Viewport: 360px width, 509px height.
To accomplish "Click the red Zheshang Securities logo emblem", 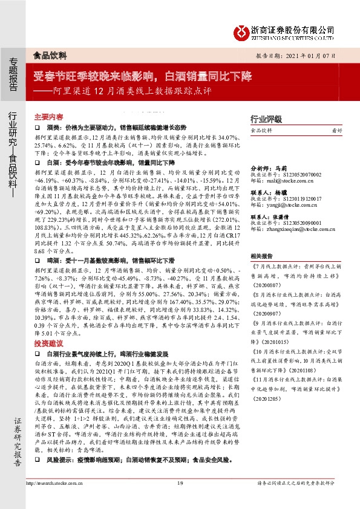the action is [241, 31].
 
